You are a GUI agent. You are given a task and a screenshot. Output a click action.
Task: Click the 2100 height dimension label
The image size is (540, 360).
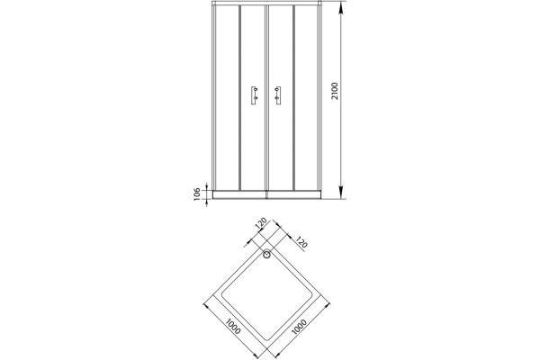(x=335, y=91)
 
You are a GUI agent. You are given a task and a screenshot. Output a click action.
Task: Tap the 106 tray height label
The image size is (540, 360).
(x=197, y=194)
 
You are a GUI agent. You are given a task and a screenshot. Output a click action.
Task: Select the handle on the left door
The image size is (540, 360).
(x=254, y=95)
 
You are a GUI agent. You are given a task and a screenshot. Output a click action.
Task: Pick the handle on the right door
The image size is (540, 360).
(x=277, y=95)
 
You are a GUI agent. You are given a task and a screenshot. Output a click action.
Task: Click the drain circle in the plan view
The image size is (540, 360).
(x=267, y=255)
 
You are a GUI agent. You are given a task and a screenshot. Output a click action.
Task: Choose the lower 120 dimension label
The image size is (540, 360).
(x=301, y=243)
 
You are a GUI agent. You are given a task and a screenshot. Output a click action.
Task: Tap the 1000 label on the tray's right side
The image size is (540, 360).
(x=300, y=327)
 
